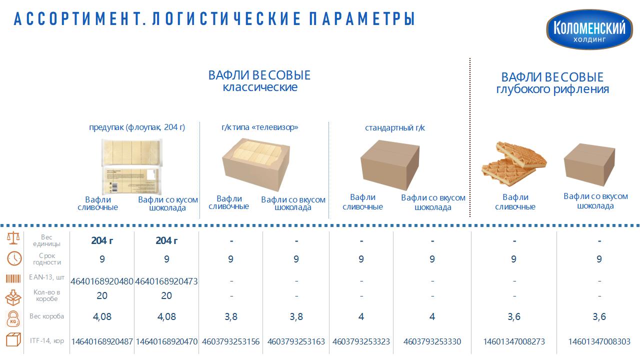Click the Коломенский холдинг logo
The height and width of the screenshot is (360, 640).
click(x=589, y=29)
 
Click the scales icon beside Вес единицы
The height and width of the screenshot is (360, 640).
click(x=13, y=238)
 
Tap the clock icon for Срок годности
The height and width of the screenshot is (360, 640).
click(x=14, y=258)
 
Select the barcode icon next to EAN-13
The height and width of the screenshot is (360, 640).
click(x=13, y=278)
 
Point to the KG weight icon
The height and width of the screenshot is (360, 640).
click(x=13, y=319)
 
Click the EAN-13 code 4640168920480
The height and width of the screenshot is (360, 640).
click(x=102, y=281)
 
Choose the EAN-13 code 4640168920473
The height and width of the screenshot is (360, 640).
click(x=166, y=281)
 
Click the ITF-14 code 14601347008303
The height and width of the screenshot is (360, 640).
click(x=599, y=341)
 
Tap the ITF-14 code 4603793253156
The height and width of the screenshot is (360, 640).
click(x=231, y=341)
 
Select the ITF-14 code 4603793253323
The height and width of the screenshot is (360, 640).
click(x=361, y=341)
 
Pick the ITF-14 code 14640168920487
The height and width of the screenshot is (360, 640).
click(x=102, y=341)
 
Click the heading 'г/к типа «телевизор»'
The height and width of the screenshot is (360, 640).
click(x=259, y=127)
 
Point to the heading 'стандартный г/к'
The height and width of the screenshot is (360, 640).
click(x=395, y=127)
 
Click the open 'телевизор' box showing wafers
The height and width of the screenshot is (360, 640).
click(x=256, y=165)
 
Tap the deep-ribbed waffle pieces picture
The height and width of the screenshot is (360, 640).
click(x=513, y=163)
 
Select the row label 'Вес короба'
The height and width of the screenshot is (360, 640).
click(x=46, y=316)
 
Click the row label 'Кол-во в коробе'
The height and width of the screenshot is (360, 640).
click(x=46, y=295)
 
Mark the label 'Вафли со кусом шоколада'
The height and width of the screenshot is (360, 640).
click(x=168, y=203)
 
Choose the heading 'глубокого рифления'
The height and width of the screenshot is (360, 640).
click(x=552, y=89)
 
